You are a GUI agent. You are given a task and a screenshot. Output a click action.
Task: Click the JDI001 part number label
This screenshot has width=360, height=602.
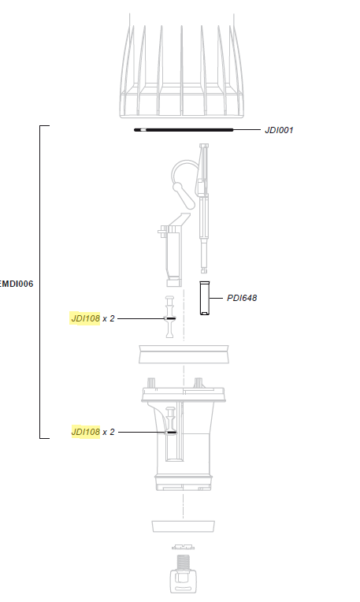pyautogui.click(x=279, y=130)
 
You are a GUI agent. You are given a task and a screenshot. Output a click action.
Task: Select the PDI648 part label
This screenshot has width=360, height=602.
pyautogui.click(x=242, y=298)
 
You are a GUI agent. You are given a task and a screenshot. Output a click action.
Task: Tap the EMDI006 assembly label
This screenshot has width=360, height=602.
pyautogui.click(x=17, y=284)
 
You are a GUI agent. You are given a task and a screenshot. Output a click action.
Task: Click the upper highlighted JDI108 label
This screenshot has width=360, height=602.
pyautogui.click(x=85, y=318)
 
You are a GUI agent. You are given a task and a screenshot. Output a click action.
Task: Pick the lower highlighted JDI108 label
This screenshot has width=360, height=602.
pyautogui.click(x=85, y=432)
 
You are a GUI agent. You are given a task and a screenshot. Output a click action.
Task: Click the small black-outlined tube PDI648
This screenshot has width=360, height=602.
pyautogui.click(x=205, y=298)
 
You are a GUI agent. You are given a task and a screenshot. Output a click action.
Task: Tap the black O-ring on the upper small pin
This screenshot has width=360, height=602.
pyautogui.click(x=169, y=318)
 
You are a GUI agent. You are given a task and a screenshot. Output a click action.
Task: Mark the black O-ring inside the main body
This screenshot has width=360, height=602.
pyautogui.click(x=170, y=432)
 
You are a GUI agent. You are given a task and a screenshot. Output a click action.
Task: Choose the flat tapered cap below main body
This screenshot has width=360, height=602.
pyautogui.click(x=183, y=526)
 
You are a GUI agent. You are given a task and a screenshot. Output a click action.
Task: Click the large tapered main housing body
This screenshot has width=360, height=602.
pyautogui.click(x=184, y=441)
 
